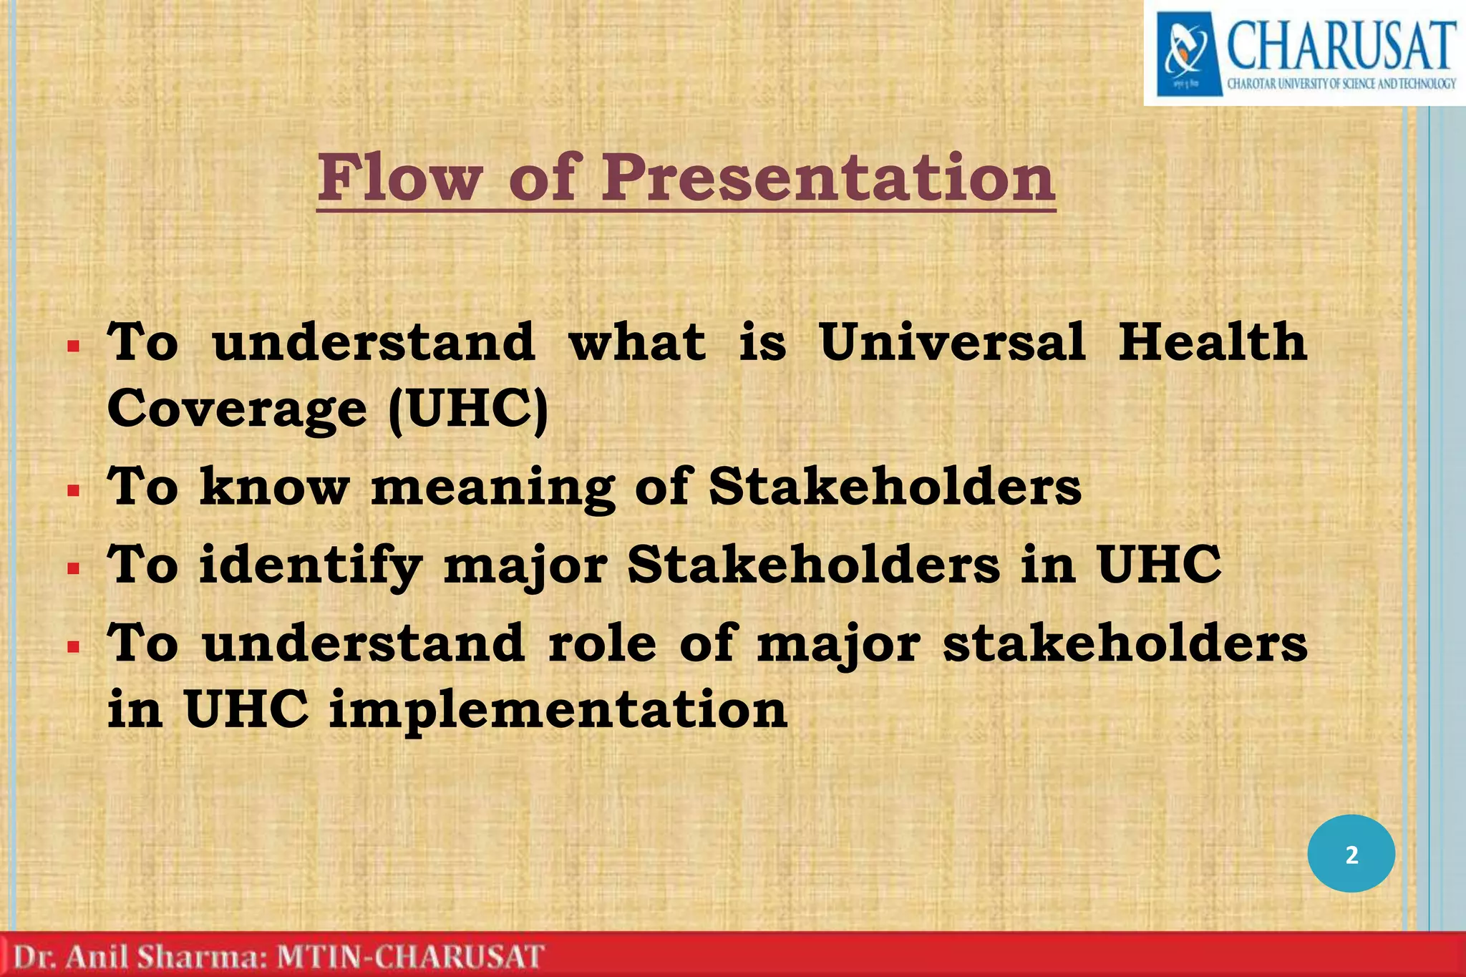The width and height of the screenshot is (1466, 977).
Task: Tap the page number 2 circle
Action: click(1351, 854)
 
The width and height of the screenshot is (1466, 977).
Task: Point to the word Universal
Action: click(951, 342)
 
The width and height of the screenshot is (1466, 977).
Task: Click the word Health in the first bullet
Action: click(1213, 342)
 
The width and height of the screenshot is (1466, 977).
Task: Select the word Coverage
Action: click(237, 409)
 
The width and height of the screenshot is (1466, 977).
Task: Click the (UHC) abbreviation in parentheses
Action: click(468, 409)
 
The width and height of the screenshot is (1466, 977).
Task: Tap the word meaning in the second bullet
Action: click(493, 487)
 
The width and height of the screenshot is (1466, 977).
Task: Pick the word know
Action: click(274, 487)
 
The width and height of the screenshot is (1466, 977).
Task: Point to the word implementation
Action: click(558, 710)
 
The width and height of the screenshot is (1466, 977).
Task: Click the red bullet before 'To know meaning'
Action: click(73, 492)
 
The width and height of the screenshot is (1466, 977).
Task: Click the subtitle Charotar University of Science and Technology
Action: click(1341, 84)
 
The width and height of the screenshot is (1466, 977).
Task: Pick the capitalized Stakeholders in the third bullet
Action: click(813, 565)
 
